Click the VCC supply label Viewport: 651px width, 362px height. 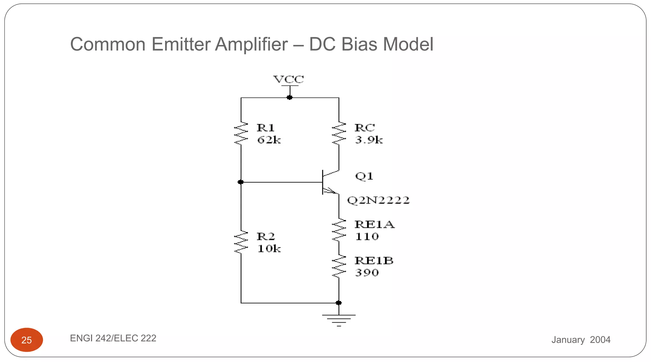(x=289, y=79)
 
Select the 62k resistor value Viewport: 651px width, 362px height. (x=269, y=140)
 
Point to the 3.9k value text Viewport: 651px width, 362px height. (x=369, y=140)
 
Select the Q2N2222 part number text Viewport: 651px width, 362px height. (x=378, y=200)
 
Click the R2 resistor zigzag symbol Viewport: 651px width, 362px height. (x=241, y=242)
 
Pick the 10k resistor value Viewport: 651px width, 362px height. (x=269, y=249)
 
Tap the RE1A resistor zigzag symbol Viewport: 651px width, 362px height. (x=339, y=230)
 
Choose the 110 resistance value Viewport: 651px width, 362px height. (x=367, y=237)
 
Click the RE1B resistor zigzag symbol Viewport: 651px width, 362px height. (x=339, y=267)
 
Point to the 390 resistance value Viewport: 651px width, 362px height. (x=367, y=273)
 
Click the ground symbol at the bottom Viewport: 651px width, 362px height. (x=339, y=319)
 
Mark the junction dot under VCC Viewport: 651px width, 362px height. (x=290, y=98)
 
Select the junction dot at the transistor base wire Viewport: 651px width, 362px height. (x=241, y=182)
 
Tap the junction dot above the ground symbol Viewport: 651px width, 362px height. (x=339, y=303)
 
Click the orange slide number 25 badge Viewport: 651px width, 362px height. (x=27, y=340)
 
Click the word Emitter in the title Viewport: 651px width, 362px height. (x=181, y=44)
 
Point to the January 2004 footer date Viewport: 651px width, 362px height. (x=581, y=340)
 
